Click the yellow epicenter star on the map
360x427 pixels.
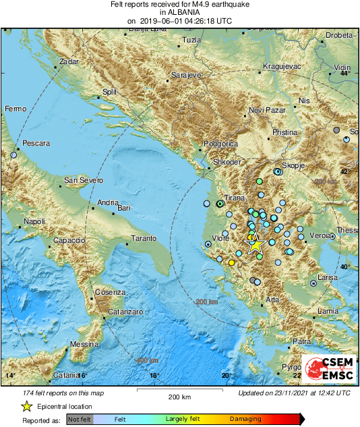(255, 245)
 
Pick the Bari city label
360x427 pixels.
(123, 208)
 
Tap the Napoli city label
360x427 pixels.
(34, 221)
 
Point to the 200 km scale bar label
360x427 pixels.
(181, 396)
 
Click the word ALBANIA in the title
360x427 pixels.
(180, 12)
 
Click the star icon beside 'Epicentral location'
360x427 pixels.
(26, 406)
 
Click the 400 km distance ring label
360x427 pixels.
(147, 360)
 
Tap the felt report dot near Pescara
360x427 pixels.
(13, 155)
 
